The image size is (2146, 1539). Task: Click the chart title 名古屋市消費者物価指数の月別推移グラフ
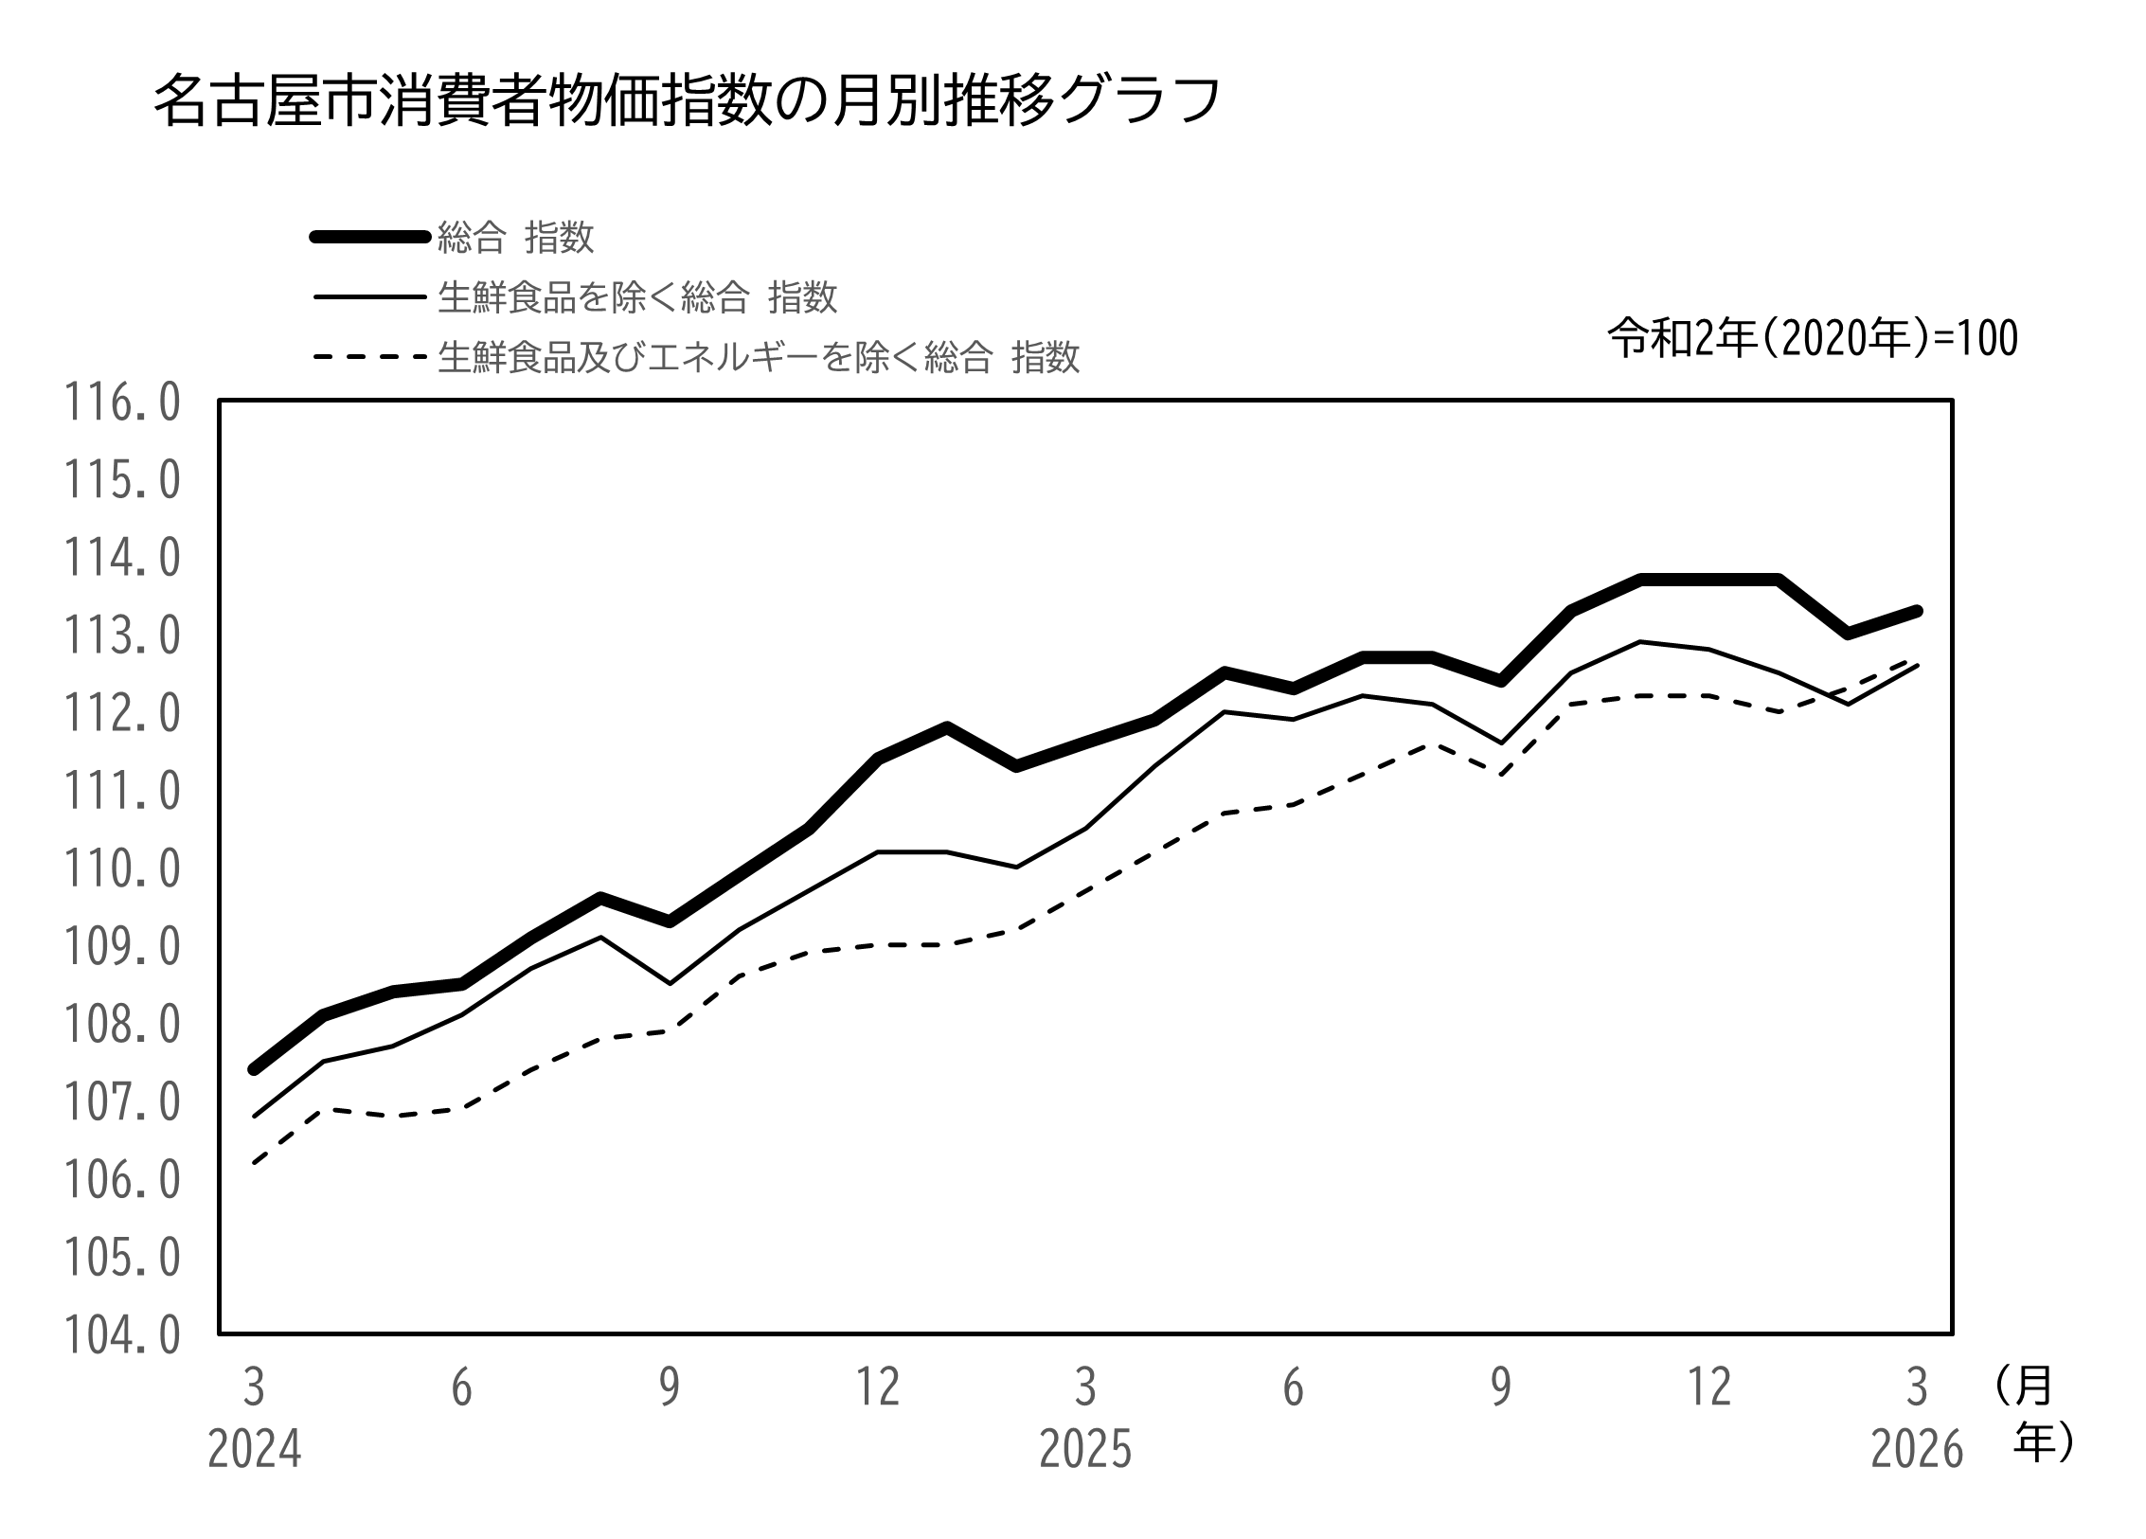pyautogui.click(x=687, y=100)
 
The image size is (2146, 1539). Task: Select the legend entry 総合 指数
pyautogui.click(x=515, y=237)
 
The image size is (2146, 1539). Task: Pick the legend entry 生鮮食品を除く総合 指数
pyautogui.click(x=636, y=297)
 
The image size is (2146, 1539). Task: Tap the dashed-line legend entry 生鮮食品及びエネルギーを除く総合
pyautogui.click(x=758, y=358)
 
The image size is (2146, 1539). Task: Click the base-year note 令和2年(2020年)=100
pyautogui.click(x=1813, y=338)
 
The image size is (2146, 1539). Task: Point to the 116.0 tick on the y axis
pyautogui.click(x=121, y=403)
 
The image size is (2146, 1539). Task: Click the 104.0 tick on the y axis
pyautogui.click(x=121, y=1335)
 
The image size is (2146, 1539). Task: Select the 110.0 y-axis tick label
pyautogui.click(x=121, y=868)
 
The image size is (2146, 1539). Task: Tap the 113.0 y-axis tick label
pyautogui.click(x=121, y=635)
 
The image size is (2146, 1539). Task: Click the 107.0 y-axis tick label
pyautogui.click(x=121, y=1102)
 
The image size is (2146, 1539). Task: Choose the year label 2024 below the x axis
pyautogui.click(x=254, y=1450)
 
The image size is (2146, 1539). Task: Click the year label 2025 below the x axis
pyautogui.click(x=1085, y=1450)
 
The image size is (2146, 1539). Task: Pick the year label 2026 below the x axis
pyautogui.click(x=1917, y=1450)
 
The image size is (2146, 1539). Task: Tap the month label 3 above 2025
pyautogui.click(x=1085, y=1388)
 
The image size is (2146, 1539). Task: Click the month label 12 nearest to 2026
pyautogui.click(x=1709, y=1388)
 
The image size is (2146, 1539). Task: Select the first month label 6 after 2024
pyautogui.click(x=461, y=1388)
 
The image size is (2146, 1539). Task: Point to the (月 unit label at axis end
pyautogui.click(x=2023, y=1387)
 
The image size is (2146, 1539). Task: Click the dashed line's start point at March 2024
pyautogui.click(x=254, y=1163)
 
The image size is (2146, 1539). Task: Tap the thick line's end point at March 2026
pyautogui.click(x=1917, y=612)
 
